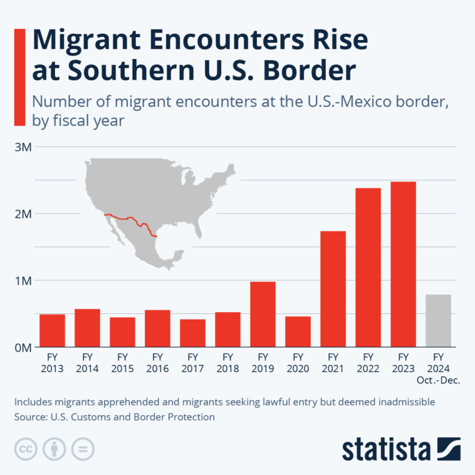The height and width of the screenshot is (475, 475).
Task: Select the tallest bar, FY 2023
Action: (403, 264)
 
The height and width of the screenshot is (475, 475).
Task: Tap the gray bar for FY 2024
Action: (438, 320)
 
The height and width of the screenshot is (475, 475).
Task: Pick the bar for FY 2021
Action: (333, 289)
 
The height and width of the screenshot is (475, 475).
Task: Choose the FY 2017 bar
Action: (192, 333)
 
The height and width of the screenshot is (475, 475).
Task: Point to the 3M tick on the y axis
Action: (23, 147)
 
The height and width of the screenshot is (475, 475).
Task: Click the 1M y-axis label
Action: (23, 280)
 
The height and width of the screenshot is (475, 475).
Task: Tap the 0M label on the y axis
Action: (23, 347)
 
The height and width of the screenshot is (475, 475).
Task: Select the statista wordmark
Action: (386, 449)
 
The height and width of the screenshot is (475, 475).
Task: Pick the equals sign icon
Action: (83, 449)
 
